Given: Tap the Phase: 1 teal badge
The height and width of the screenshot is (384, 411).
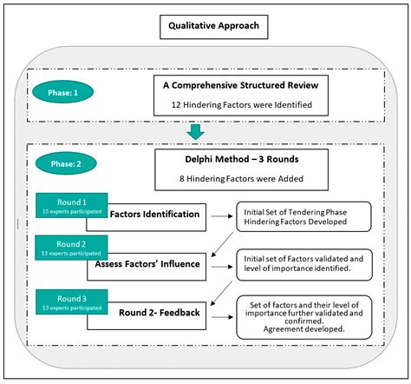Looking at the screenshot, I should [x=62, y=89].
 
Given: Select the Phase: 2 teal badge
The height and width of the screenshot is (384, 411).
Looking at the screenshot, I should [x=62, y=162].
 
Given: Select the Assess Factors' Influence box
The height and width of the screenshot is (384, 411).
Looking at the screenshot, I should [x=156, y=262].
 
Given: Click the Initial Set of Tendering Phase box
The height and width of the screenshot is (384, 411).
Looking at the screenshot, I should [x=303, y=214].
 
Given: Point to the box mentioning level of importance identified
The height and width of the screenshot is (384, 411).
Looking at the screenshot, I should [x=303, y=262].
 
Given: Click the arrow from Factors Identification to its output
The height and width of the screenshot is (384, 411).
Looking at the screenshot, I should [x=220, y=214].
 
